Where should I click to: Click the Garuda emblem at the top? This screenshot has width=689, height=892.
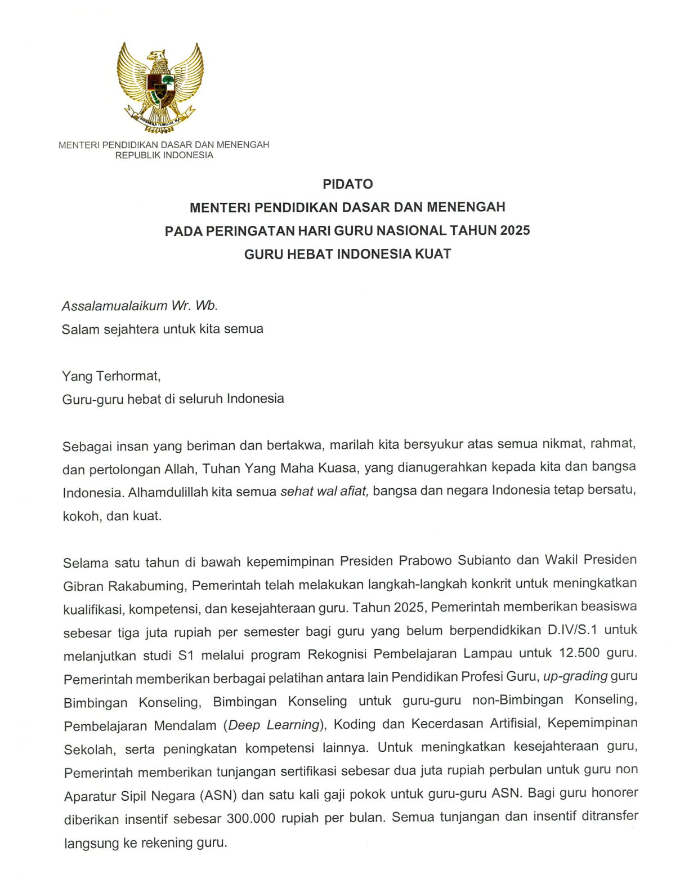160,88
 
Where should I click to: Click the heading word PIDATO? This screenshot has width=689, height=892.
347,184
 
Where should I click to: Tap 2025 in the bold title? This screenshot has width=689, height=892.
514,230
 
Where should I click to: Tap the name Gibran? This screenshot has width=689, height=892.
83,586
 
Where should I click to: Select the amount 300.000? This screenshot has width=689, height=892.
250,818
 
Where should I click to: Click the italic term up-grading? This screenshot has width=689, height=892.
575,676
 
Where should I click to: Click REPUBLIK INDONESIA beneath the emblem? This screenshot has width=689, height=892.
164,155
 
